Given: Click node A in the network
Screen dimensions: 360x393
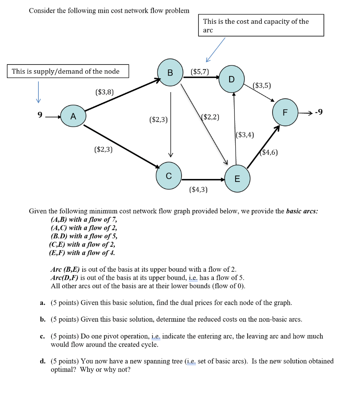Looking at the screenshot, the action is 73,116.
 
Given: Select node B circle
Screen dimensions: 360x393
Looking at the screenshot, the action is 170,73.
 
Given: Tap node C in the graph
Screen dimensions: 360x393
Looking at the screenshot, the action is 169,176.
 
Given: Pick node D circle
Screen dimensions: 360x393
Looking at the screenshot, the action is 232,79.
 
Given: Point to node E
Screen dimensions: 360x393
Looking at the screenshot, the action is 237,178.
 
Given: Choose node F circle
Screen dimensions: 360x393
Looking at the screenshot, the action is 285,112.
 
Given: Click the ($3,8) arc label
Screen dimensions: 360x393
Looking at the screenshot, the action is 104,92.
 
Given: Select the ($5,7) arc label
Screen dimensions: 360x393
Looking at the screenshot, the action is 200,72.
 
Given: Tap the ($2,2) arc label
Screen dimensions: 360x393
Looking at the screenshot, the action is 210,117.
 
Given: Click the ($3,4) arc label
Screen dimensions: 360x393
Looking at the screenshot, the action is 245,135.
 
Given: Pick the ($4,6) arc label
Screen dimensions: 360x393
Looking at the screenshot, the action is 269,152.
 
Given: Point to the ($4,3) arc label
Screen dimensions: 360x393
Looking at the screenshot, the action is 198,189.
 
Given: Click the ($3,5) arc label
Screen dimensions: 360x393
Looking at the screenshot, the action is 262,86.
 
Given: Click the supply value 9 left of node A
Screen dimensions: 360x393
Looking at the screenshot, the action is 40,114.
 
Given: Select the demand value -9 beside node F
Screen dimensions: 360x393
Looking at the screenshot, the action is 319,112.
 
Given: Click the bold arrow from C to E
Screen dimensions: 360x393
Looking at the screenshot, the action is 203,180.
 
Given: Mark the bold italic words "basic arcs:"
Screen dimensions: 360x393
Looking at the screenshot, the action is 302,211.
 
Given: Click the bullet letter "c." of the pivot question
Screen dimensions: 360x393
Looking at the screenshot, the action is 43,336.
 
